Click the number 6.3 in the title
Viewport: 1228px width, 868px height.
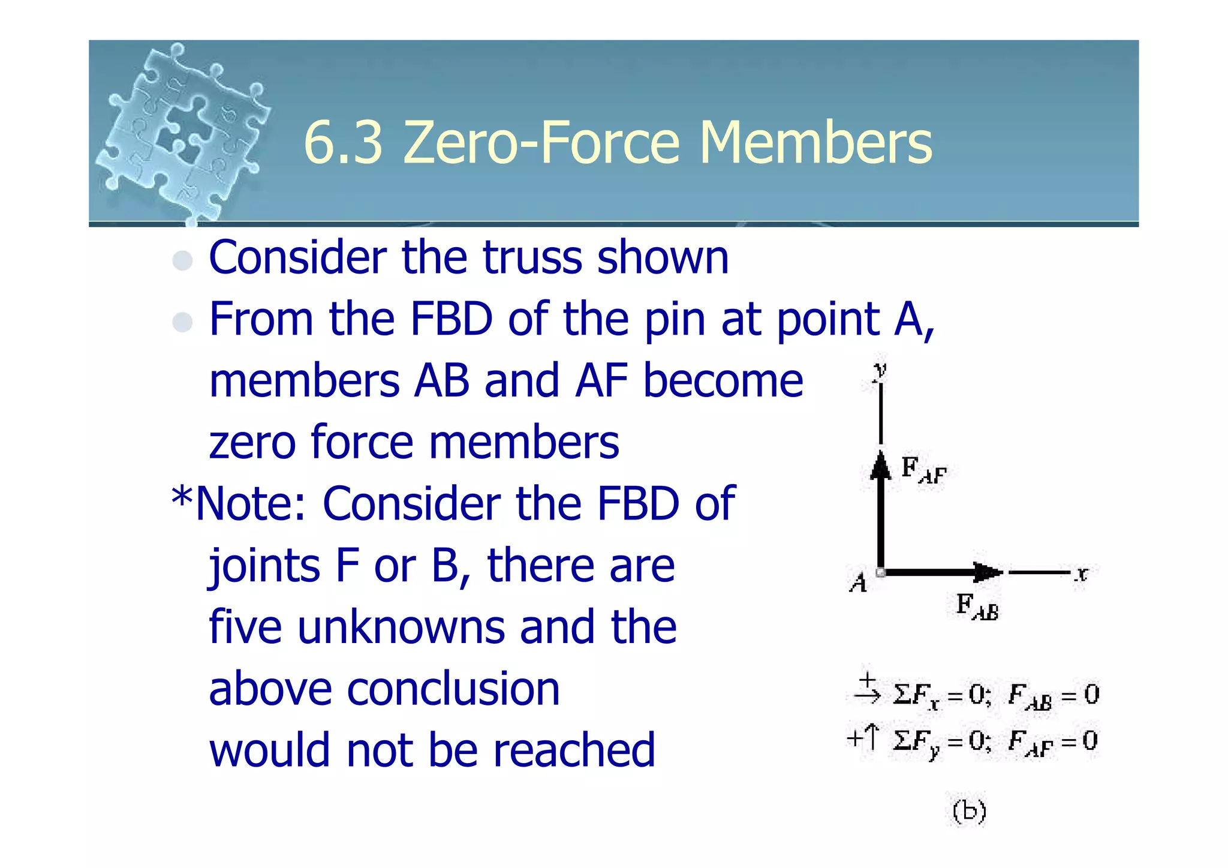pos(343,143)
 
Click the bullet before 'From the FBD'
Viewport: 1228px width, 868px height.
pos(182,322)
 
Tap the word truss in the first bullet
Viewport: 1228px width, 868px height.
pos(531,258)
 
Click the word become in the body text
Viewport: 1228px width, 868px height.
pos(723,381)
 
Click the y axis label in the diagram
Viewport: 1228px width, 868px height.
pos(880,370)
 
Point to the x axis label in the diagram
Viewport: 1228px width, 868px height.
pos(1081,573)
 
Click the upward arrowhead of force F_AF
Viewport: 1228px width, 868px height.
pos(880,465)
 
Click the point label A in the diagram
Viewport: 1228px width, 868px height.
pos(859,582)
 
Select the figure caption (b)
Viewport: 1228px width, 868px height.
pos(969,812)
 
